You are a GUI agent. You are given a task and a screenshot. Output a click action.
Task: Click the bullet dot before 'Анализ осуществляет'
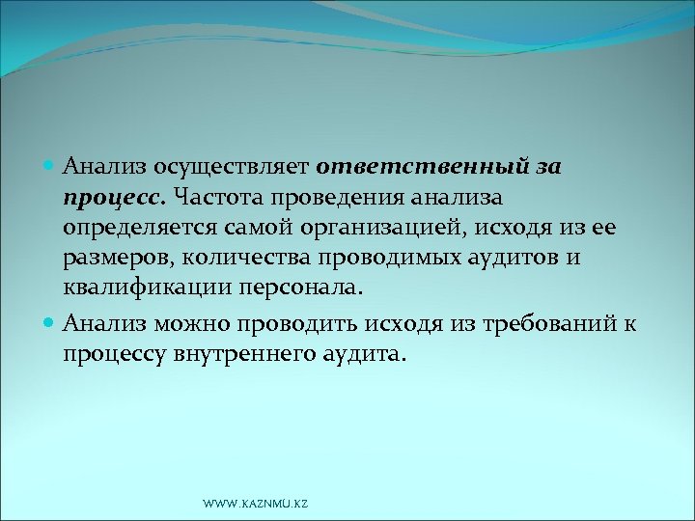click(52, 166)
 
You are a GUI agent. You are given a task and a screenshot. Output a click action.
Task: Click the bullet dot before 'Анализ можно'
click(52, 325)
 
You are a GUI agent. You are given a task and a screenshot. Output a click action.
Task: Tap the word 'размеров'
click(108, 260)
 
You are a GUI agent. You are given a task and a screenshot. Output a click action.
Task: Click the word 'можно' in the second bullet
click(193, 325)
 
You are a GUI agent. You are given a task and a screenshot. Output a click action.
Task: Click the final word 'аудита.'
click(359, 355)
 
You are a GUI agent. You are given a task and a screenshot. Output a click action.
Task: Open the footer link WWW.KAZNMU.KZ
click(256, 505)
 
